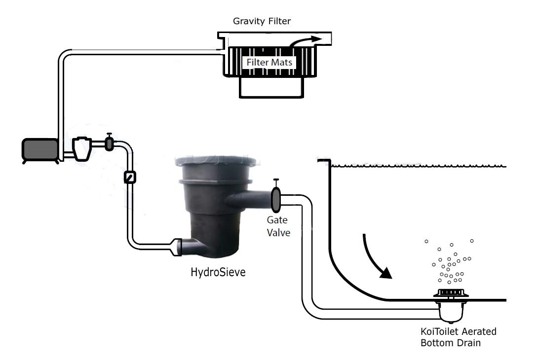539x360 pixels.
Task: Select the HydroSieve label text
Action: point(218,272)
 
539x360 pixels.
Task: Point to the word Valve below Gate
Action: point(278,232)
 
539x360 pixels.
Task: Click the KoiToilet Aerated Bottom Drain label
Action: point(458,337)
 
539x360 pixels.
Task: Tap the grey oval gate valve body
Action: point(275,198)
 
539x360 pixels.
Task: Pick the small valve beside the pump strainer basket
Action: point(109,144)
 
